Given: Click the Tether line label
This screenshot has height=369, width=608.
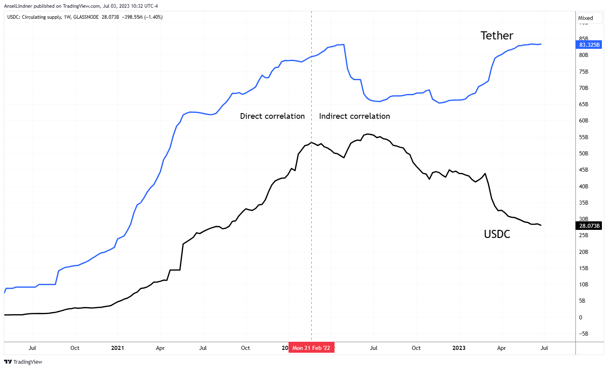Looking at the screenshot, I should pyautogui.click(x=496, y=36).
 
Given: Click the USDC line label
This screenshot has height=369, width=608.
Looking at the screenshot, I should pyautogui.click(x=496, y=234).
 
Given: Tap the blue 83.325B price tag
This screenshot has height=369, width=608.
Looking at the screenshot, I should pyautogui.click(x=589, y=45).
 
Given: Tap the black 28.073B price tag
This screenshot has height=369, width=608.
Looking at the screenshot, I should pyautogui.click(x=589, y=226).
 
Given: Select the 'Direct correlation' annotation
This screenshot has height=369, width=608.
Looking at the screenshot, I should pyautogui.click(x=272, y=116).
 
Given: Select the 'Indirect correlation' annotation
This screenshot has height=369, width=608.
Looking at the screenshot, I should pyautogui.click(x=354, y=116).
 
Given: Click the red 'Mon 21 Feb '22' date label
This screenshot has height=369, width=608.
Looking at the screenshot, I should pyautogui.click(x=311, y=348).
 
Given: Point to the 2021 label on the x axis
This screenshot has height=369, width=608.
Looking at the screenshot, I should pyautogui.click(x=118, y=348).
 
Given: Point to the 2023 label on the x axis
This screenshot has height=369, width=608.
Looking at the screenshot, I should pyautogui.click(x=459, y=348).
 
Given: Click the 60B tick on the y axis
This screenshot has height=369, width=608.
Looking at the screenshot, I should pyautogui.click(x=584, y=120).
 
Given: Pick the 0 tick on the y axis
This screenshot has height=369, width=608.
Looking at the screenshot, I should pyautogui.click(x=581, y=317).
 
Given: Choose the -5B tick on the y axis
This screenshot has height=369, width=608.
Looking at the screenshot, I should pyautogui.click(x=584, y=334).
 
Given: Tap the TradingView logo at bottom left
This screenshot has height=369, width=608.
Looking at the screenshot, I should pyautogui.click(x=23, y=362).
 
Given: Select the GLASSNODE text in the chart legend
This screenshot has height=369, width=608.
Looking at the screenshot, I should pyautogui.click(x=86, y=17).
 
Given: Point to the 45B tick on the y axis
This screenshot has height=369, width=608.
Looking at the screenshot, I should pyautogui.click(x=584, y=170).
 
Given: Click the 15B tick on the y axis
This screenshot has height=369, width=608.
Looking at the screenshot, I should pyautogui.click(x=584, y=268).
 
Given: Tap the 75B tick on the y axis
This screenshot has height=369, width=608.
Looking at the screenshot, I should pyautogui.click(x=584, y=72).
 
